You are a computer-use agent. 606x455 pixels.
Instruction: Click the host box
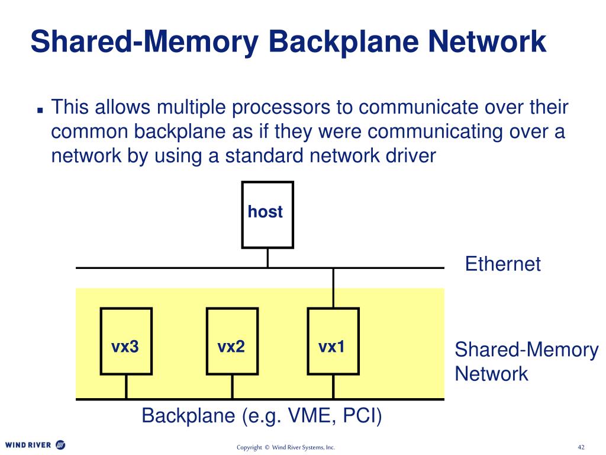(267, 214)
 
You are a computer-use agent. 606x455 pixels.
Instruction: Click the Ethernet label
(502, 264)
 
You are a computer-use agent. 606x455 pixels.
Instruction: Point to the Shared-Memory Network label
(526, 361)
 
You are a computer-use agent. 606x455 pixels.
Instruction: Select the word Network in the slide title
(489, 41)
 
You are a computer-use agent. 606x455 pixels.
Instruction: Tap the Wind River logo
(36, 444)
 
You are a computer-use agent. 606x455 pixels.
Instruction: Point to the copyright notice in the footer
(286, 447)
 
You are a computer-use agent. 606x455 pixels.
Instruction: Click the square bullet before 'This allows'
(40, 110)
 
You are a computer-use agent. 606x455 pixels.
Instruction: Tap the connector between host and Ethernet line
(267, 258)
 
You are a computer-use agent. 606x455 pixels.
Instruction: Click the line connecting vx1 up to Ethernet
(333, 288)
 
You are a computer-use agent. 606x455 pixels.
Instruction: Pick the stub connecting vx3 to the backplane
(126, 386)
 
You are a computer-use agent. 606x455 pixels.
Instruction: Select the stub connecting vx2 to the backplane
(231, 386)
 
